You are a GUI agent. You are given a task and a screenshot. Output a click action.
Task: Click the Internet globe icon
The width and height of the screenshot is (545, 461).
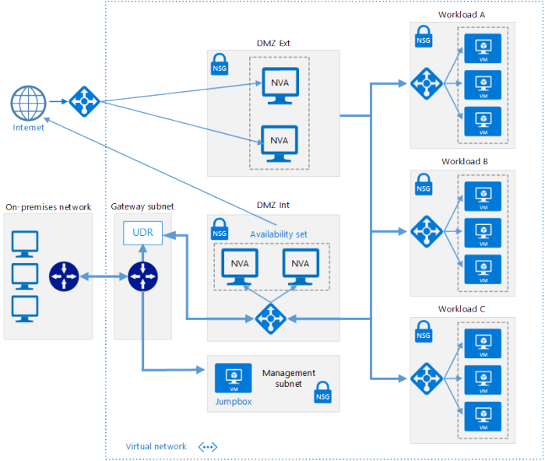tap(29, 102)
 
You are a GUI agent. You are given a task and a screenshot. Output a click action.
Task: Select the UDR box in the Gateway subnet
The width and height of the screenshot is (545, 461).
tap(142, 233)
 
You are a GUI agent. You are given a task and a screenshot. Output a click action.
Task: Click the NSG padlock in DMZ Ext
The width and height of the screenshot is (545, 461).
tap(220, 65)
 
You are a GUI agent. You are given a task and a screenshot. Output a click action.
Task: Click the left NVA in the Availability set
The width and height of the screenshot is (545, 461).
tap(240, 266)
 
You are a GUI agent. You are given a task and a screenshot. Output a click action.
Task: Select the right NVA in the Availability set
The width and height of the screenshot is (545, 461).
tap(300, 266)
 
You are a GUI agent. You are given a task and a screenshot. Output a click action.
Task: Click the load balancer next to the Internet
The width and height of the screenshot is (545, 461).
tap(81, 100)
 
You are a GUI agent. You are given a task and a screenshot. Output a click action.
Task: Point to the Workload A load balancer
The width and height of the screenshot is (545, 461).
tap(425, 82)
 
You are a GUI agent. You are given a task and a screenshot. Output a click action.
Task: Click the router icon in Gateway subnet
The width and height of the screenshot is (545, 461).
tap(142, 276)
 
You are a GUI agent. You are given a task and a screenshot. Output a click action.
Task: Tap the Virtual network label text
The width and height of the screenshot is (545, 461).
tap(156, 446)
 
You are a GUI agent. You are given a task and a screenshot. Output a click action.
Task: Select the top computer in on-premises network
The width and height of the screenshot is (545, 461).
tap(25, 243)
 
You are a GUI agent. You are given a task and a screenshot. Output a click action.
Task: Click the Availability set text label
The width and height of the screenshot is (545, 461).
tap(278, 234)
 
